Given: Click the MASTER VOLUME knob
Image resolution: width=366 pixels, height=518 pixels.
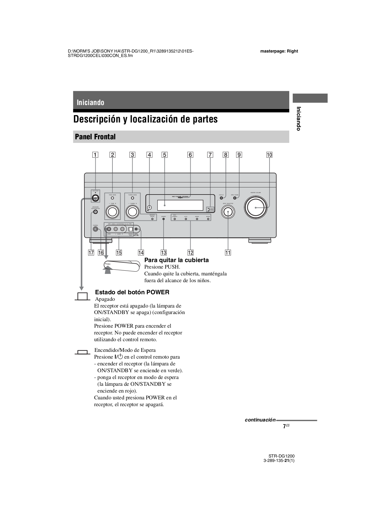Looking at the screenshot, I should [x=256, y=208].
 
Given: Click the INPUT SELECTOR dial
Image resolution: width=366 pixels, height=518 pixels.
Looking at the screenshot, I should [x=228, y=212].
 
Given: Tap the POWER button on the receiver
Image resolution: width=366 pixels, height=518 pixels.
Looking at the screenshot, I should [x=95, y=198].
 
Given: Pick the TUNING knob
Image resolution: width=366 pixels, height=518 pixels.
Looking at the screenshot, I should [x=133, y=212].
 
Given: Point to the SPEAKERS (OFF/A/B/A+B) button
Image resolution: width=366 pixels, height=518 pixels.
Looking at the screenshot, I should [x=95, y=212].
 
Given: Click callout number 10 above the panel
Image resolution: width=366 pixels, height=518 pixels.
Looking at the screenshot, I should [x=269, y=155].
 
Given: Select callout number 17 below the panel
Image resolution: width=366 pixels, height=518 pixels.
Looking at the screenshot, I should [x=91, y=253].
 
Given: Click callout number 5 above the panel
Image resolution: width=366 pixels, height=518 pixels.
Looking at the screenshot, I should [x=164, y=155].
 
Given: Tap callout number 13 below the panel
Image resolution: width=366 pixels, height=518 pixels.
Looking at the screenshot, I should [x=164, y=253].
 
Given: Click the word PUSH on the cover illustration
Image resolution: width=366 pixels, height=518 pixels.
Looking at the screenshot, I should [x=107, y=264].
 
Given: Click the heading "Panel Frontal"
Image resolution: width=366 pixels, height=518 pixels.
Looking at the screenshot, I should [x=95, y=137].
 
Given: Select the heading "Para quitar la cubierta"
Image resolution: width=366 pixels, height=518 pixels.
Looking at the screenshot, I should [x=176, y=260].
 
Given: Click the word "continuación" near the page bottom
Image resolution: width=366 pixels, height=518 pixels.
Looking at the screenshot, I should [x=260, y=420].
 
